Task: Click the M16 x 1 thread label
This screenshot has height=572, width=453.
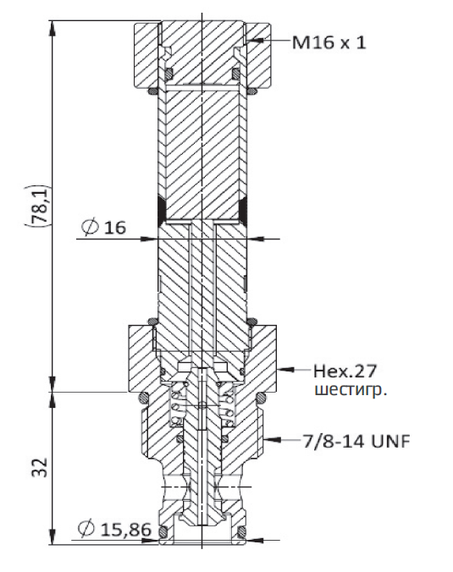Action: click(x=329, y=42)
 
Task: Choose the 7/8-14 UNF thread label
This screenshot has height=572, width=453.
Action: click(x=355, y=441)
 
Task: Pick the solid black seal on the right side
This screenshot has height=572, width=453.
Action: click(x=244, y=208)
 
